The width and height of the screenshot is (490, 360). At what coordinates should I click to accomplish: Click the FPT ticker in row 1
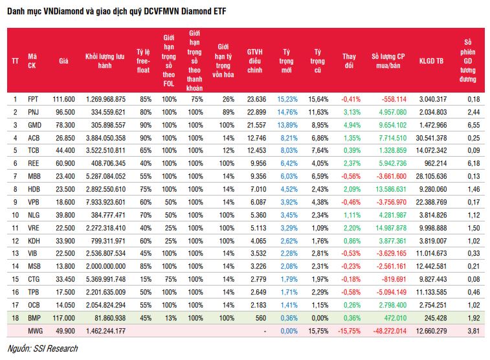point(34,99)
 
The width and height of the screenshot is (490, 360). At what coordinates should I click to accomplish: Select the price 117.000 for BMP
point(63,318)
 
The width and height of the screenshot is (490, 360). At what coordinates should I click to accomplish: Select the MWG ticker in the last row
point(36,331)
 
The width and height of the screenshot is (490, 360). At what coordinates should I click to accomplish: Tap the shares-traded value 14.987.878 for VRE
point(389,228)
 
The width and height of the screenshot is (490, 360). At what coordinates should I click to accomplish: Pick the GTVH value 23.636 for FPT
point(257,99)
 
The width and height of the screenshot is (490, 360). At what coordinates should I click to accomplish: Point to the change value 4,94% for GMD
point(350,125)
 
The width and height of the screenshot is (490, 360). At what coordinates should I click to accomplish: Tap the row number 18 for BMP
point(16,318)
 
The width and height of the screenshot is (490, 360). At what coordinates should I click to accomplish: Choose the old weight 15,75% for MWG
point(317,331)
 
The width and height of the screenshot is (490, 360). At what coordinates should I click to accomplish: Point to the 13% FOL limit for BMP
point(170,318)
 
